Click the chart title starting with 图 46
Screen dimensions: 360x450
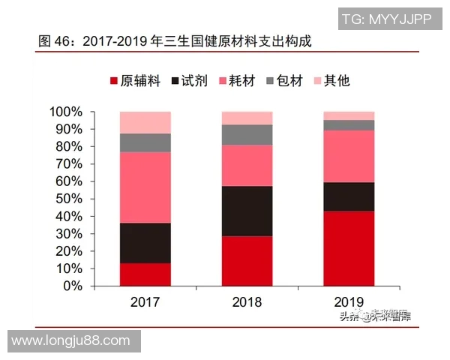[174, 43]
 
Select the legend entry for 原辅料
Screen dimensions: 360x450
[136, 81]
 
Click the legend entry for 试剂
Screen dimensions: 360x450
[190, 81]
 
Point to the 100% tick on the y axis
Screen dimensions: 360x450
[66, 112]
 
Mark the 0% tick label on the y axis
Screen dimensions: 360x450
[73, 286]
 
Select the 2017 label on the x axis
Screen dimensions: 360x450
[145, 302]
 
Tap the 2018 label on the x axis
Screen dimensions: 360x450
[247, 302]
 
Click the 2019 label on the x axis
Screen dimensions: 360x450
[349, 302]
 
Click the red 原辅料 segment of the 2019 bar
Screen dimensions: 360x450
[349, 248]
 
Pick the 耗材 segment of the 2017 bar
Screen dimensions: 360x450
[145, 187]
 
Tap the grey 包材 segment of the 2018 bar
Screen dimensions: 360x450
[247, 134]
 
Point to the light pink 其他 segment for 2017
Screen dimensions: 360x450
[145, 122]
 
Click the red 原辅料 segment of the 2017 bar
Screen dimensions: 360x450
[145, 274]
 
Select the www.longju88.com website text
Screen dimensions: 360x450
[71, 341]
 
